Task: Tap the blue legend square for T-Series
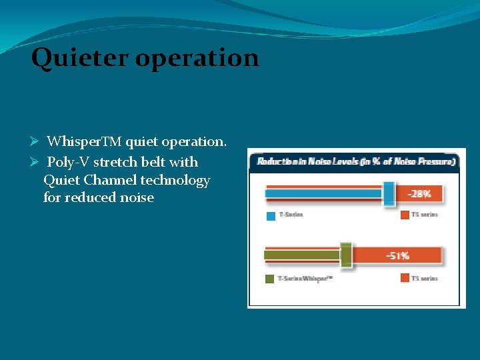pos(270,215)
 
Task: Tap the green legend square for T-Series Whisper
pos(270,278)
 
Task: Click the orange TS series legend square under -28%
pos(405,215)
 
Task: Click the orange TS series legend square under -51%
pos(405,277)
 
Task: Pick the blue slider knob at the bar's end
pos(389,193)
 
